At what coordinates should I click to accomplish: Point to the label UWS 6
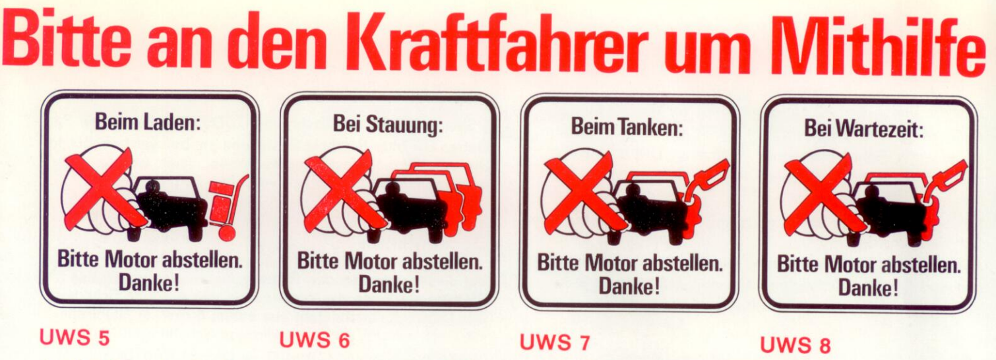[315, 340]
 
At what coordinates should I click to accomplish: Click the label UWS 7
[555, 342]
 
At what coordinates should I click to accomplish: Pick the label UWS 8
[795, 345]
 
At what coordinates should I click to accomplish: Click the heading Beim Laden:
[148, 123]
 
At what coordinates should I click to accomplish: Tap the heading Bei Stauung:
[388, 125]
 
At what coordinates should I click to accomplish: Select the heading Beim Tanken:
[627, 127]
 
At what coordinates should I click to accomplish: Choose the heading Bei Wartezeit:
[865, 129]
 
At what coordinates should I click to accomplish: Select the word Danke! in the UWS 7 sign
[629, 286]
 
